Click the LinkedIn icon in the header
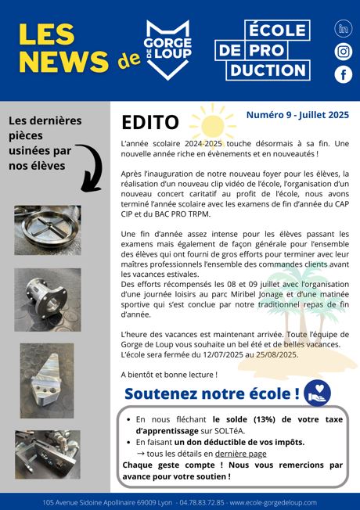(x=343, y=29)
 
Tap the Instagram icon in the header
(x=343, y=52)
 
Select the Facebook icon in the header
(x=343, y=74)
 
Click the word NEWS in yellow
(x=62, y=63)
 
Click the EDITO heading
(x=150, y=123)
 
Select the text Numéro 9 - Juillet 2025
(x=297, y=114)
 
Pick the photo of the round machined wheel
(x=47, y=230)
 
